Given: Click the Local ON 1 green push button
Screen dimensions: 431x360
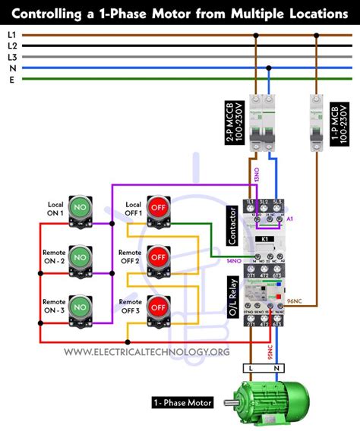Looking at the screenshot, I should [80, 207].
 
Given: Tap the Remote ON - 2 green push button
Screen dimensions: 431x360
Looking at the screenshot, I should [80, 257].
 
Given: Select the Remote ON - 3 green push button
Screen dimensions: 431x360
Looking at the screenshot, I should [80, 307].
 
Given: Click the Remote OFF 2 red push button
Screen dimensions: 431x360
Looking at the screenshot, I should [157, 257].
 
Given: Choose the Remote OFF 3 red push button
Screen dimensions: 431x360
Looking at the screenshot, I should [157, 307].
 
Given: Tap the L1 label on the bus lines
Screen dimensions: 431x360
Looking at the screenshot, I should [11, 35].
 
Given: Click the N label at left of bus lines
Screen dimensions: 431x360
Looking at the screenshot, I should [11, 68].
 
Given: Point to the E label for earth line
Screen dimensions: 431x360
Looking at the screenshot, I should [11, 78].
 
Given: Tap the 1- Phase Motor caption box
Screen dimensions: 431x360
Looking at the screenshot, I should [182, 402].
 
